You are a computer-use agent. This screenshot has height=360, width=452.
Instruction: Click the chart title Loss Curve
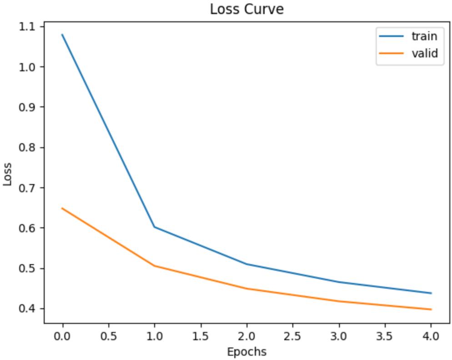coord(246,9)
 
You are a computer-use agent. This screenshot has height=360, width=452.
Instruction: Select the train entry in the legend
coord(424,36)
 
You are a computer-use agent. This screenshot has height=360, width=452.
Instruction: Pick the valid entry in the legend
coord(424,54)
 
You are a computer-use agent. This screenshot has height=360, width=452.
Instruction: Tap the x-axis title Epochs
coord(246,351)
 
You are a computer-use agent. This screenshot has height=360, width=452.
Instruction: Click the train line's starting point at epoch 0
coord(62,35)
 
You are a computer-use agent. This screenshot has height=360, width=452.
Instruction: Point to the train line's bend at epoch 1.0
coord(155,227)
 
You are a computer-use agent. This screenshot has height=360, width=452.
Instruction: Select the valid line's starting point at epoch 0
coord(62,208)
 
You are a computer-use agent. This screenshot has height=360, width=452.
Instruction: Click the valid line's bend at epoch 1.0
coord(155,266)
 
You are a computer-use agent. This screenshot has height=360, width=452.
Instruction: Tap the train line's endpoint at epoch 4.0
coord(431,293)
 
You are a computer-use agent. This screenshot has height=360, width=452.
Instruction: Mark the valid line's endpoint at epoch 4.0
coord(431,310)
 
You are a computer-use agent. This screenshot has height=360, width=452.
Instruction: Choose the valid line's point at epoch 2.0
coord(246,289)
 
